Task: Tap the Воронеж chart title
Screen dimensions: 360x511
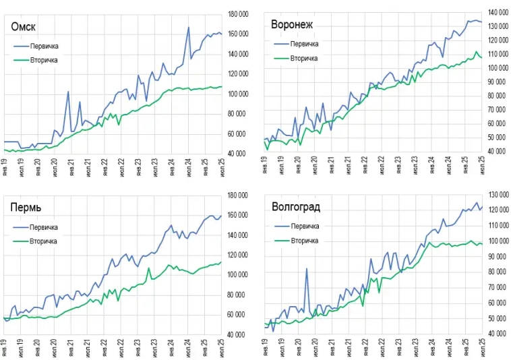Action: click(292, 25)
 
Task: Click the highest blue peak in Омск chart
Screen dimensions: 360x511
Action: click(188, 28)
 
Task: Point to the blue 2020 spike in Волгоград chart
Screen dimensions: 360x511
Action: click(307, 269)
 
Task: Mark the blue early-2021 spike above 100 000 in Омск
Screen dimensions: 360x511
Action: click(68, 92)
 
